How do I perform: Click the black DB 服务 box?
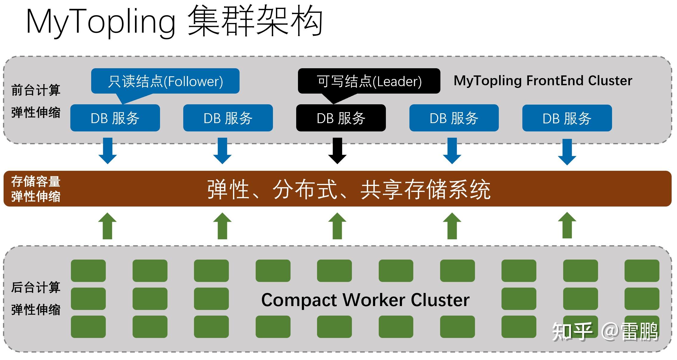coord(341,118)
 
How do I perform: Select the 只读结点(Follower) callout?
coord(165,81)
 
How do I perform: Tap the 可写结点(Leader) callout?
coord(369,81)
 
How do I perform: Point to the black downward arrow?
coord(337,150)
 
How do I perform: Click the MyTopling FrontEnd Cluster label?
coord(543,80)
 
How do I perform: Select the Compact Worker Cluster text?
coord(365,300)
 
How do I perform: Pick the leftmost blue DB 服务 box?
coord(115,118)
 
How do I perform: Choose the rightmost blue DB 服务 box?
coord(567,118)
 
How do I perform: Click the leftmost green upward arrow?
coord(107,226)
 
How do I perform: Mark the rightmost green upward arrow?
coord(567,225)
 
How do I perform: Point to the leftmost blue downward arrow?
coord(107,150)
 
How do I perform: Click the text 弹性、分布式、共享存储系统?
coord(349,189)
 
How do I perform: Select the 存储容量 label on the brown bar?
coord(36,181)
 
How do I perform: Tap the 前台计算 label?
coord(36,90)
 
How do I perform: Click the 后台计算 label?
coord(36,288)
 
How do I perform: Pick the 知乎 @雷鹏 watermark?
coord(605,331)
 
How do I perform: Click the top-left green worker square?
coord(88,271)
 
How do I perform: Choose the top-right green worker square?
coord(642,271)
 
